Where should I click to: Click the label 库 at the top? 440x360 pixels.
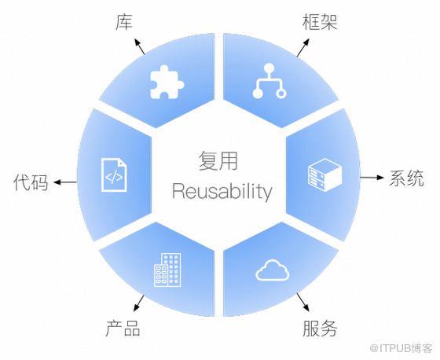[124, 22]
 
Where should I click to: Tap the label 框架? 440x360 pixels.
[320, 22]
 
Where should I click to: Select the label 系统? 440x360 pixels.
[406, 178]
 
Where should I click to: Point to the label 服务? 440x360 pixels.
[320, 328]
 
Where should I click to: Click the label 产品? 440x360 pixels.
[123, 328]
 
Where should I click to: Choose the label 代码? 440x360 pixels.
[31, 182]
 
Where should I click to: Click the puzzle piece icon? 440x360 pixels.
[167, 82]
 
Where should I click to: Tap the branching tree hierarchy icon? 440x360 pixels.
[269, 81]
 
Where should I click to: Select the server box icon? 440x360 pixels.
[324, 175]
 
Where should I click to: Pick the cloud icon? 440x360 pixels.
[272, 270]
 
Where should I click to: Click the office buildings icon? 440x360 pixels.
[167, 270]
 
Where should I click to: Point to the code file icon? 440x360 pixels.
[114, 175]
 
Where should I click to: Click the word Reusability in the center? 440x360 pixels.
[222, 192]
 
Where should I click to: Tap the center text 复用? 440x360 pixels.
[218, 161]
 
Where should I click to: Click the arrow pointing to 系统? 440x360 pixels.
[372, 178]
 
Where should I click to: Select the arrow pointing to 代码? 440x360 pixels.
[65, 182]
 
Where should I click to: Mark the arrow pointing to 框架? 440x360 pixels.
[303, 48]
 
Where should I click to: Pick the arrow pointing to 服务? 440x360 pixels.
[303, 302]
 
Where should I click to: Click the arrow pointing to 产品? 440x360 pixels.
[139, 303]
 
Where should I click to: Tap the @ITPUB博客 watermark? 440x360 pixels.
[401, 348]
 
